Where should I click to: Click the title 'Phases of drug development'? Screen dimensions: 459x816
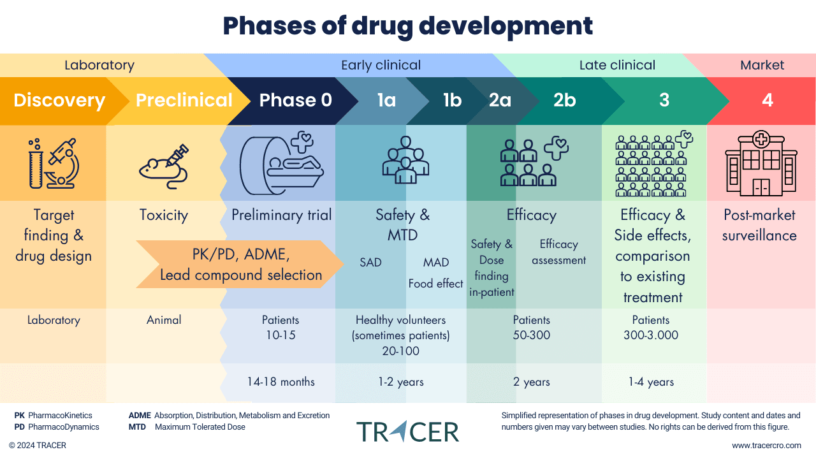(407, 26)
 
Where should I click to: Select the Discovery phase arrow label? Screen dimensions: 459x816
(59, 101)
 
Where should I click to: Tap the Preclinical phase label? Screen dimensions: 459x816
(184, 101)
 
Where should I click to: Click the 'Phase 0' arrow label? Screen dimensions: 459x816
(295, 101)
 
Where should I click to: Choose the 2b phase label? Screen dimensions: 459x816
(564, 101)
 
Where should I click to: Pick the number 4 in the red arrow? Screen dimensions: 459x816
(768, 101)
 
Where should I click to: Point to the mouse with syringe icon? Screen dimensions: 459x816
(164, 166)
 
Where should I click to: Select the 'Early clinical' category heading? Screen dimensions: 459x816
(381, 65)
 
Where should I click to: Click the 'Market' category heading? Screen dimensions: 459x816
(762, 65)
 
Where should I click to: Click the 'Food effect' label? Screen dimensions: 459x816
(435, 284)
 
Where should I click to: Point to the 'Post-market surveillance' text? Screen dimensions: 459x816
(759, 225)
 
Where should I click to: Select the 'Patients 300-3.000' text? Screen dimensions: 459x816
(650, 327)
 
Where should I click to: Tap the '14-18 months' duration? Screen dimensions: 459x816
(280, 382)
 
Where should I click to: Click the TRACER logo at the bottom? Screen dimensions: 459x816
(407, 432)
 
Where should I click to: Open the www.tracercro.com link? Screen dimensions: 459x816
(766, 446)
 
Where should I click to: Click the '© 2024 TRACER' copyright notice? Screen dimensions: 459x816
(38, 446)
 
